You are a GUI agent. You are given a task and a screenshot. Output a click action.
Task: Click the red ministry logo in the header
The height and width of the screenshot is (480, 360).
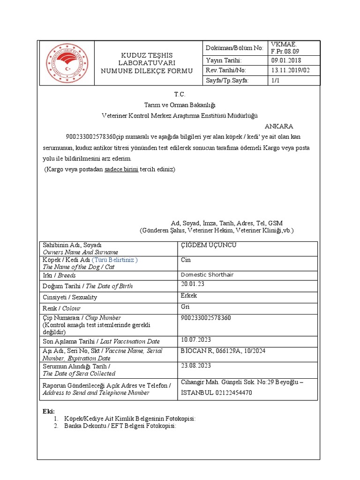(x=67, y=63)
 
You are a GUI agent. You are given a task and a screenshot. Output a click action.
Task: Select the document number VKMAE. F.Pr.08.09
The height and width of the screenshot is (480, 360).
(x=284, y=47)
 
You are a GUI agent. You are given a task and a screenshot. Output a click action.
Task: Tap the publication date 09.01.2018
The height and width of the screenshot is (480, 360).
(x=286, y=60)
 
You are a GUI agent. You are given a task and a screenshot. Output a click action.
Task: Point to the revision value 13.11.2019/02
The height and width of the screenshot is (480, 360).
(x=290, y=70)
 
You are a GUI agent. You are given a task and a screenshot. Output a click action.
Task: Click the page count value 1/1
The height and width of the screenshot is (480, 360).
(x=275, y=81)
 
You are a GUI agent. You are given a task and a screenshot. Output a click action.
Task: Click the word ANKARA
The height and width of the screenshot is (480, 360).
(x=279, y=127)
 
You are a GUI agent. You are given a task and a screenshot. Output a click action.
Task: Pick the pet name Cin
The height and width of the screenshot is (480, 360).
(x=186, y=260)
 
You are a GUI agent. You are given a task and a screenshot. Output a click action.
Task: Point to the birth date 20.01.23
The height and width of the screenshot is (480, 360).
(x=193, y=285)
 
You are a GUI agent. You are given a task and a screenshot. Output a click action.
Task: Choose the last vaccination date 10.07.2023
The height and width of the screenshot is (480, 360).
(x=196, y=340)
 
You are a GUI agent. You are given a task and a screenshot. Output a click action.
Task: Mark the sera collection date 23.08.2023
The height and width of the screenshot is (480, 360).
(x=196, y=365)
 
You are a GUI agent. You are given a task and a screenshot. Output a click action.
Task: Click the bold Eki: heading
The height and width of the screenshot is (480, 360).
(x=49, y=411)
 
